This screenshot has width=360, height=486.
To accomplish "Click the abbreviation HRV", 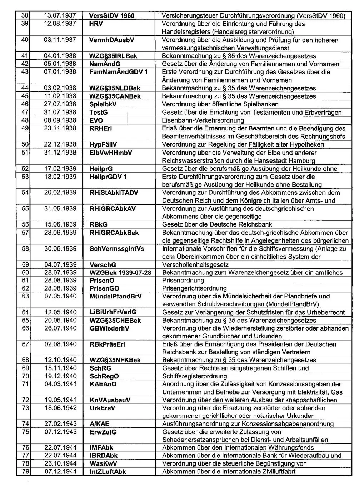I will [x=96, y=24].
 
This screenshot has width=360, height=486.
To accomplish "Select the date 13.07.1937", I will [x=60, y=16].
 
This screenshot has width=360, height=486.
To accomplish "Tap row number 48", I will [x=25, y=120].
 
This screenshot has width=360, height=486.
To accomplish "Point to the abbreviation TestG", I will [x=99, y=112].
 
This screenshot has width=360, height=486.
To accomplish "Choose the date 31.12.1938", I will [x=60, y=153].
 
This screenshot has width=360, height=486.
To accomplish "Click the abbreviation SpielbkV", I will [x=103, y=104].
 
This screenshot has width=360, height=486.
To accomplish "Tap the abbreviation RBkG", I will [x=99, y=225].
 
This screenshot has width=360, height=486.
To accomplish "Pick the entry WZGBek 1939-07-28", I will [x=120, y=273].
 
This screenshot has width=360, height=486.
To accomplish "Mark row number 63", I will [x=25, y=296].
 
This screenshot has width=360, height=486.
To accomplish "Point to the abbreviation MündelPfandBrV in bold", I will [x=116, y=296].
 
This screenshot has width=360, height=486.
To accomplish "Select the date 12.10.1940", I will [x=60, y=360].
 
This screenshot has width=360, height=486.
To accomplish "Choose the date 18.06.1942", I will [x=60, y=408].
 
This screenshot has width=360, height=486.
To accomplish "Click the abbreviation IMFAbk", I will [x=101, y=448].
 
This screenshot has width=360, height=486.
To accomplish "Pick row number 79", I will [x=25, y=472].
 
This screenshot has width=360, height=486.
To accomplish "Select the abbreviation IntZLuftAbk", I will [x=108, y=472].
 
